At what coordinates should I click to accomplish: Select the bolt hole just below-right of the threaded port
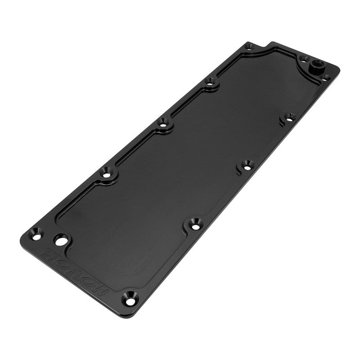328,77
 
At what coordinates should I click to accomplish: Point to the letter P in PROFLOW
46,255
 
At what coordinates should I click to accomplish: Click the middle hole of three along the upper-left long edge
163,121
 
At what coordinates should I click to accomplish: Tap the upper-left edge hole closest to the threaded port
210,81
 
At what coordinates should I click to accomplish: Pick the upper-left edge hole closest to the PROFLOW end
107,171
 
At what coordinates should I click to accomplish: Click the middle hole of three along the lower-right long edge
246,164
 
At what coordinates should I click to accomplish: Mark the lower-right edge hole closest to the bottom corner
194,222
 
